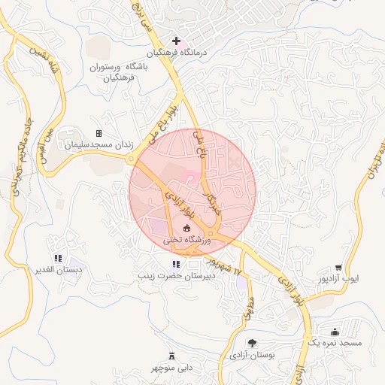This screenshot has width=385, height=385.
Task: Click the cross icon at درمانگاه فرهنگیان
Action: point(176,41)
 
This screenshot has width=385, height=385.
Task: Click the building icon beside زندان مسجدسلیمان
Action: point(99,133)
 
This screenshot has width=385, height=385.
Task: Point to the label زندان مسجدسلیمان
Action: point(93,144)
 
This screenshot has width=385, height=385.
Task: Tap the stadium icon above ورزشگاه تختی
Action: point(186,229)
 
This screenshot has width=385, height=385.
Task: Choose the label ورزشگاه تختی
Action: point(184,241)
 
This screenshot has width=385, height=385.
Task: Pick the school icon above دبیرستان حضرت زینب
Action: point(176,264)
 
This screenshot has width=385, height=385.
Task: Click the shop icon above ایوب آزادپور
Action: point(339,267)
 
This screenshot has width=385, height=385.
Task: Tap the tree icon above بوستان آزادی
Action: point(252,342)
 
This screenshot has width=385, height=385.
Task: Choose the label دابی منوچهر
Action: point(171,367)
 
